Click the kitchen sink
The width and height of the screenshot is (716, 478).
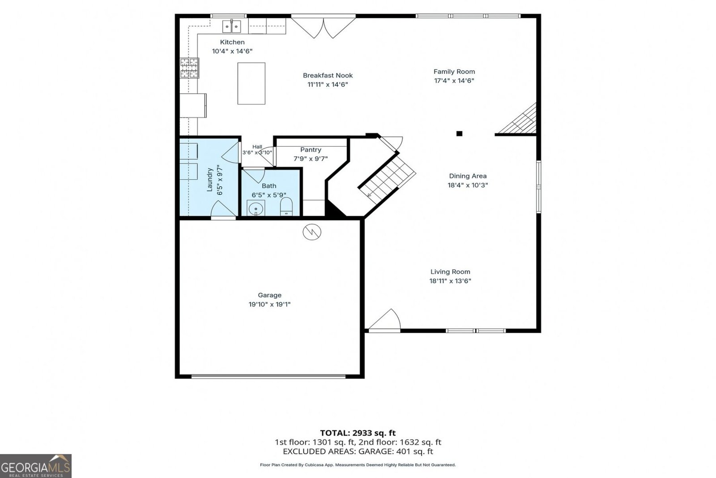pyautogui.click(x=232, y=26)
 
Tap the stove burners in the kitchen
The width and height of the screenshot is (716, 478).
pyautogui.click(x=190, y=68)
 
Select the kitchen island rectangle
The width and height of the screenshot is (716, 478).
pyautogui.click(x=251, y=83)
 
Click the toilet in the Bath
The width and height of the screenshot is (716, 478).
pyautogui.click(x=286, y=207)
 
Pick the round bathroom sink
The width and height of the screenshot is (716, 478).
pyautogui.click(x=256, y=209)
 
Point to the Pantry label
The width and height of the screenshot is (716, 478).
pyautogui.click(x=311, y=150)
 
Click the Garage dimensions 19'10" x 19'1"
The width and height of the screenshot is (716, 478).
pyautogui.click(x=269, y=304)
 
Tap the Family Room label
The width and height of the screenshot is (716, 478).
pyautogui.click(x=454, y=72)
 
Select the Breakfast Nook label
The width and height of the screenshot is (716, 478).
pyautogui.click(x=328, y=76)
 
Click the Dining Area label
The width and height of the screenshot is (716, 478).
pyautogui.click(x=468, y=176)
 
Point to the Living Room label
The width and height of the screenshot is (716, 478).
pyautogui.click(x=450, y=272)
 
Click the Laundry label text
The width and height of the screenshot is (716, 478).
pyautogui.click(x=210, y=180)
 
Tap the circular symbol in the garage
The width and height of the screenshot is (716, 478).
pyautogui.click(x=312, y=232)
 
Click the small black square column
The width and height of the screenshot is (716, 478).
pyautogui.click(x=459, y=133)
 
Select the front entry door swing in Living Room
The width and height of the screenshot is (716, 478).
pyautogui.click(x=384, y=319)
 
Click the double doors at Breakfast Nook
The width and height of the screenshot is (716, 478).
pyautogui.click(x=324, y=27)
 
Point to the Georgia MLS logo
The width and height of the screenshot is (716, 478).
pyautogui.click(x=35, y=466)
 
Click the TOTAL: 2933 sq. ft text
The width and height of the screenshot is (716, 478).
pyautogui.click(x=358, y=433)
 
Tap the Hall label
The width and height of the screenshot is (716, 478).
pyautogui.click(x=257, y=147)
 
